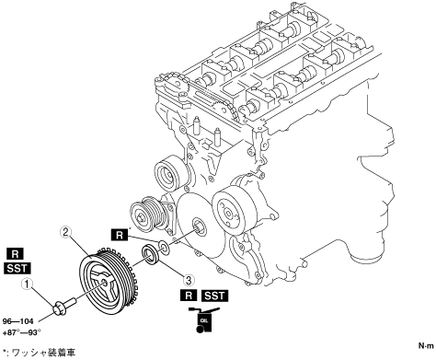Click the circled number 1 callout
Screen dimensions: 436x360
click(28, 285)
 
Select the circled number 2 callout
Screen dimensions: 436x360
click(66, 232)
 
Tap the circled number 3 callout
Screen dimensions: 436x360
click(189, 280)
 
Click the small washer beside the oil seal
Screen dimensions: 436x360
click(163, 247)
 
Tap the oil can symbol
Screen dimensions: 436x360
click(201, 319)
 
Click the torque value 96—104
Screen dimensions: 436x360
click(18, 321)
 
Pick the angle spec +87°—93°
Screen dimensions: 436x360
click(21, 332)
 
